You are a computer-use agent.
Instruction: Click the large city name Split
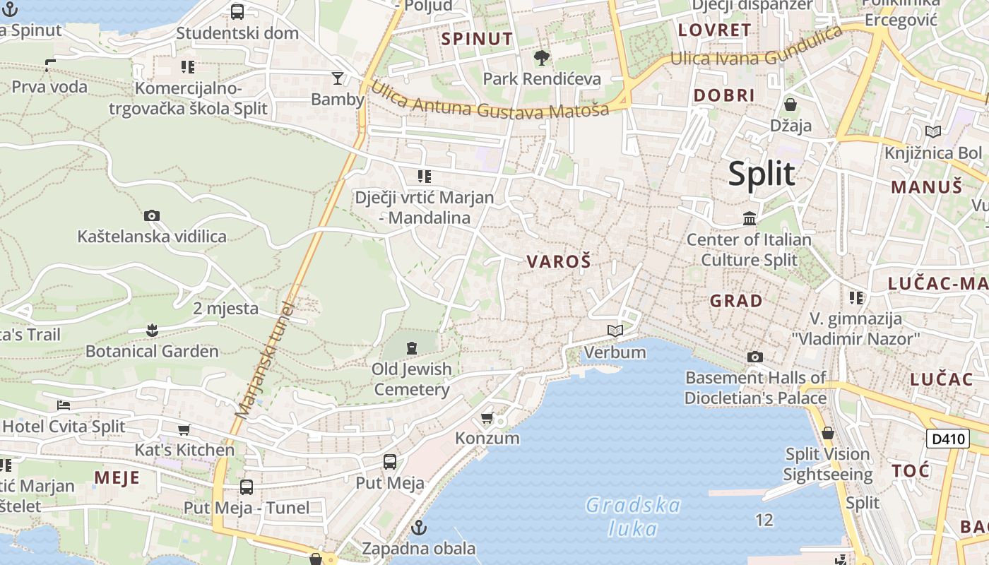point(762,174)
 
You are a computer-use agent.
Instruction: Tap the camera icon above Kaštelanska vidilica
point(151,215)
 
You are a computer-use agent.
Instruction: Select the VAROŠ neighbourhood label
point(558,262)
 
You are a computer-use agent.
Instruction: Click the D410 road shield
point(947,439)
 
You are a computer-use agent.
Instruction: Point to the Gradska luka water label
point(633,516)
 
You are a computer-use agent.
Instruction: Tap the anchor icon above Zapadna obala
point(419,528)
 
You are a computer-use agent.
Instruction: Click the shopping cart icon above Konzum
point(487,418)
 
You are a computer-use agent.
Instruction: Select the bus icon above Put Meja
point(389,462)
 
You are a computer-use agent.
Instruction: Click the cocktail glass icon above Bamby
point(338,78)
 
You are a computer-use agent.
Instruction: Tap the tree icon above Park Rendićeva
point(542,57)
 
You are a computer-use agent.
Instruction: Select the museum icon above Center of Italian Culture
point(750,219)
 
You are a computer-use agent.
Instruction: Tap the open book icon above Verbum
point(615,331)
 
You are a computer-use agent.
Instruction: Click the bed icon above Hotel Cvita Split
point(64,405)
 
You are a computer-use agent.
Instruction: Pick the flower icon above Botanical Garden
point(151,330)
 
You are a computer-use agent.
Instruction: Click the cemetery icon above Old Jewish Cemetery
point(412,347)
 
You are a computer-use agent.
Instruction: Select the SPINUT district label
point(477,39)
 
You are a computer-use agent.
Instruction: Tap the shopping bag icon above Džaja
point(790,105)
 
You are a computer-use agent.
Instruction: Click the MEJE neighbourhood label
point(117,478)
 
